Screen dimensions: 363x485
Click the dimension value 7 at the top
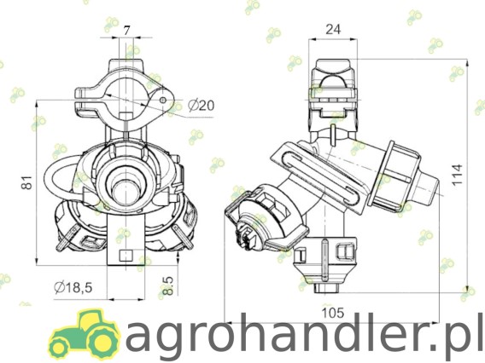coord(126,31)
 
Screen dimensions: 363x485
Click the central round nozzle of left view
coord(126,180)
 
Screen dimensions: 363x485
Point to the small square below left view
coord(126,255)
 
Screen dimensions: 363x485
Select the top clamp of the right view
coord(333,86)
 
